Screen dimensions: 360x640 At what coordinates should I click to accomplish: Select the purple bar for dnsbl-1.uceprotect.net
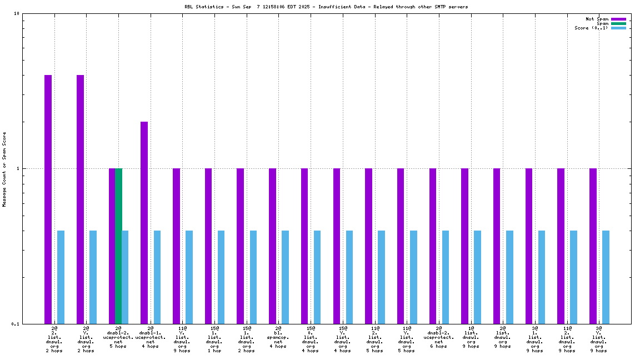click(144, 222)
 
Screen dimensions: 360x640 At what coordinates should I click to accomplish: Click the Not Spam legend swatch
click(618, 19)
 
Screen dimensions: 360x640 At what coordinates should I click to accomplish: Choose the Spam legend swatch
click(618, 23)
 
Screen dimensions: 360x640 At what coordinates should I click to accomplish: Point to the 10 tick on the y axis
click(17, 14)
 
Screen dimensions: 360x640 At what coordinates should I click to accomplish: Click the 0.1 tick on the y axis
click(15, 324)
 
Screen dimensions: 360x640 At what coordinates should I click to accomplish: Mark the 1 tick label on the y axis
click(18, 168)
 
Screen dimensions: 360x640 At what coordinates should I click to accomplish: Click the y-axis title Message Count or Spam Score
click(4, 169)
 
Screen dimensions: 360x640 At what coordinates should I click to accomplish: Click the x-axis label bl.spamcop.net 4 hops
click(278, 337)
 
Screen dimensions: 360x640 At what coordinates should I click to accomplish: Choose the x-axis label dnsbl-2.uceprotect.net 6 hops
click(439, 337)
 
